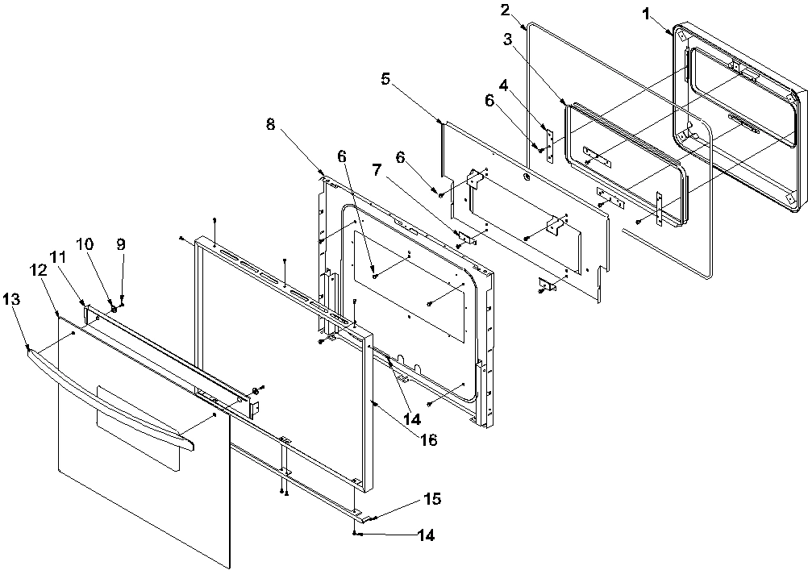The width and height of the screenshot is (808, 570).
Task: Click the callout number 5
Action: (x=385, y=78)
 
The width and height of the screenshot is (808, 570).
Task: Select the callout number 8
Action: (x=271, y=124)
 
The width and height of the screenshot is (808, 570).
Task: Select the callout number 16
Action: (x=430, y=439)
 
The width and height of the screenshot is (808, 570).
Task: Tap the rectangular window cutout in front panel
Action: (x=137, y=426)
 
